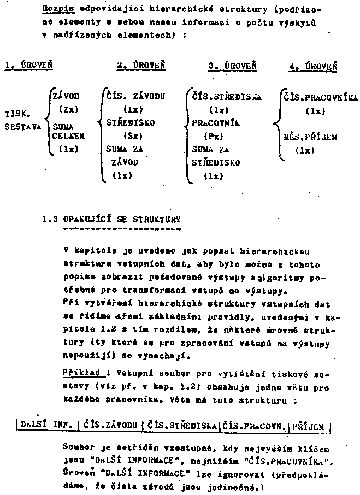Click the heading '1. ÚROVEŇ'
tap(28, 66)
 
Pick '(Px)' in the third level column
tap(209, 135)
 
